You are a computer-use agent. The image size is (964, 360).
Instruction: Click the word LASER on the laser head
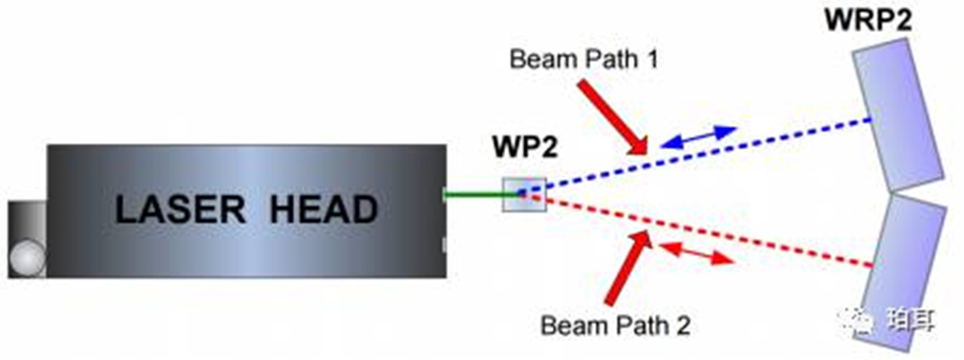click(x=180, y=210)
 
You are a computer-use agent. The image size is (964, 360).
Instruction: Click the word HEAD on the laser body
click(x=323, y=210)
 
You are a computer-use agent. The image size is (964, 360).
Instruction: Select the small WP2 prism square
click(x=524, y=195)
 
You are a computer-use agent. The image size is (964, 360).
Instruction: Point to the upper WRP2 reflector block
click(x=897, y=114)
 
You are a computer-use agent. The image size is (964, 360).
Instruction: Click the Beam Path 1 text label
click(x=584, y=59)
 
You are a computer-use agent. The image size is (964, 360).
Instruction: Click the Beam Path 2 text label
click(x=615, y=326)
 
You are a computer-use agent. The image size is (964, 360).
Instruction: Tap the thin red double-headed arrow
click(x=697, y=253)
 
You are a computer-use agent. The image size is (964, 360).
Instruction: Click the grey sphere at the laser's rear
click(x=28, y=259)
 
